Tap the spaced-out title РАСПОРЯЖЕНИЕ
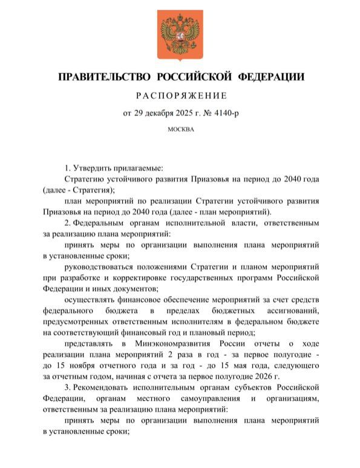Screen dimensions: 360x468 pyautogui.click(x=180, y=96)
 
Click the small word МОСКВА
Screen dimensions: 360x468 pyautogui.click(x=180, y=128)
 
